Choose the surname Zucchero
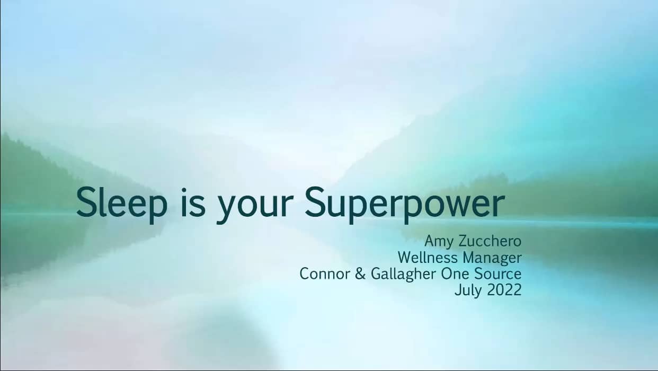[x=490, y=241]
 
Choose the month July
[x=468, y=291]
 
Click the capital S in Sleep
[x=87, y=202]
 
